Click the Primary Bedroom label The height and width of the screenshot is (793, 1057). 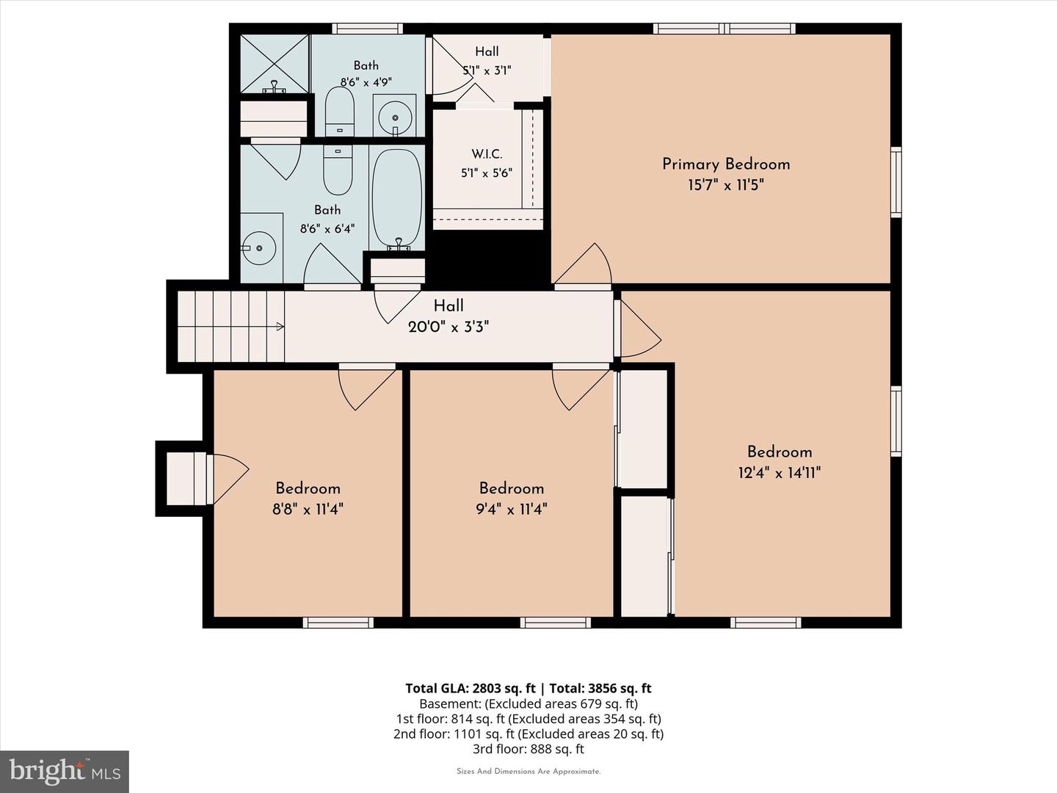click(726, 164)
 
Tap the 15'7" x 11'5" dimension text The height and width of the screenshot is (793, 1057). click(726, 185)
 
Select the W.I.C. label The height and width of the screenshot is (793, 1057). click(487, 154)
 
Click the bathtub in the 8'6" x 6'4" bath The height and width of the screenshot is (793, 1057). click(397, 198)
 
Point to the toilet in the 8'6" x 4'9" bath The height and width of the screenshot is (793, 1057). click(340, 112)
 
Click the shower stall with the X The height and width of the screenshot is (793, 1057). click(275, 64)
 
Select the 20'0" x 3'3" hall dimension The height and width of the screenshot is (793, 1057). click(448, 327)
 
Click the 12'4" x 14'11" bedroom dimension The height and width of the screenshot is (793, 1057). click(779, 473)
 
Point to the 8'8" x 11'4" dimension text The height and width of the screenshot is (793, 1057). click(308, 509)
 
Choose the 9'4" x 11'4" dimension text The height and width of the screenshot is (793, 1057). click(512, 509)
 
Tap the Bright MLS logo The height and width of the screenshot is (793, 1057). click(65, 772)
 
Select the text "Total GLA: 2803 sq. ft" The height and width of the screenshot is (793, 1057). click(470, 689)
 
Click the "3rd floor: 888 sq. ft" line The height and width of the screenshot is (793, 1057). click(528, 749)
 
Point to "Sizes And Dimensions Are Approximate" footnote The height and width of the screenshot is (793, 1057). click(528, 772)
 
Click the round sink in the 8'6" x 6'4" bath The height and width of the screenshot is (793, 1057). click(259, 248)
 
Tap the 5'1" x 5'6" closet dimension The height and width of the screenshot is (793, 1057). click(487, 173)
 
